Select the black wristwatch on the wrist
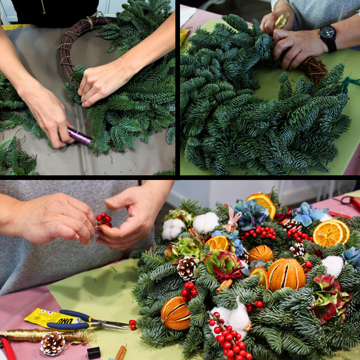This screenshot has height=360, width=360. tap(328, 36)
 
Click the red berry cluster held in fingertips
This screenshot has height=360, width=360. tap(104, 220)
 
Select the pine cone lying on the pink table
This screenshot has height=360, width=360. tap(53, 343)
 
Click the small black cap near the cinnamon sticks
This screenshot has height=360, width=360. tap(93, 353)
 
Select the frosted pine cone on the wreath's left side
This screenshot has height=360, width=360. tap(187, 268)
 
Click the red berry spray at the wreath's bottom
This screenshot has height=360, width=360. tap(229, 339)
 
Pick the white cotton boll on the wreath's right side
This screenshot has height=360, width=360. tap(333, 266)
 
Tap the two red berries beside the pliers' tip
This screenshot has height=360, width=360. tap(133, 325)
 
